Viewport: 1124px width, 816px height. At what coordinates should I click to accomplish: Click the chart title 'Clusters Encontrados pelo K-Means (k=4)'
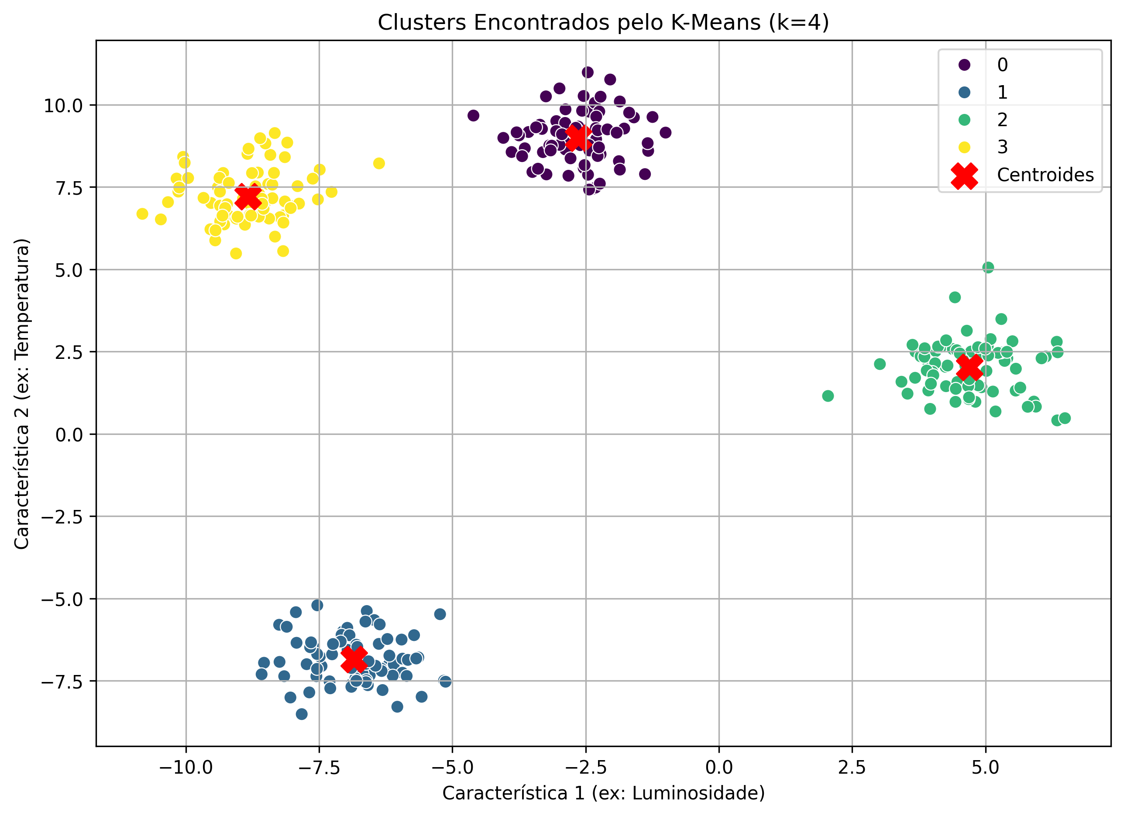coord(603,22)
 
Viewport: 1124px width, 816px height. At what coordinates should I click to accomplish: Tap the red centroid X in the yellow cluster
coord(247,197)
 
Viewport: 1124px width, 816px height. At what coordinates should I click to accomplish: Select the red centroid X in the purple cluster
coord(578,138)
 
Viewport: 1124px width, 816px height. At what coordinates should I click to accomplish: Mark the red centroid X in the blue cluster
coord(354,659)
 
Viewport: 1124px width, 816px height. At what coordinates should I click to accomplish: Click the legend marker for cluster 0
coord(964,65)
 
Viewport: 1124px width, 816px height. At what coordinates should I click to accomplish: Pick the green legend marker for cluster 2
coord(964,120)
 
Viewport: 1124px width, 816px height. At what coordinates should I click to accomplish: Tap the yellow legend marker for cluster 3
coord(964,147)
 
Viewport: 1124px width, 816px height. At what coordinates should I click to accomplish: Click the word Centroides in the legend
coord(1045,175)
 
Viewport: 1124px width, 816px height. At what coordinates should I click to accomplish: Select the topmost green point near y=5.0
coord(988,268)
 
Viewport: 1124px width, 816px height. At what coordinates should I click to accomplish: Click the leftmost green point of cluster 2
coord(828,396)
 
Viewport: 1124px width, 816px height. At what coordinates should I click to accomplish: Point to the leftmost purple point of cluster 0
coord(473,116)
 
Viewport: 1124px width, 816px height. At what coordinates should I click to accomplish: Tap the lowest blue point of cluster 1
coord(301,714)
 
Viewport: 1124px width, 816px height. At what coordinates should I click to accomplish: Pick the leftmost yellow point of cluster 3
coord(142,213)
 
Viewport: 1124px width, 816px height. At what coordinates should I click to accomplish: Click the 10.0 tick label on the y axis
coord(63,106)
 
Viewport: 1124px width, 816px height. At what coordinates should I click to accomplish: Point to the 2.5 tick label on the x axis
coord(852,768)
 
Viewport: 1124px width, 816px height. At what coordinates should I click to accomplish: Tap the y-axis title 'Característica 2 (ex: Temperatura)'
coord(22,394)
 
